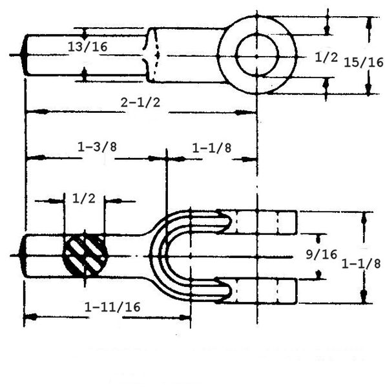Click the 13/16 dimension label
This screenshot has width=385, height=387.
87,46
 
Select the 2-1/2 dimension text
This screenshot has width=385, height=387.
140,103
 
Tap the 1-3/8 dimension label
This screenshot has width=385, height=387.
97,147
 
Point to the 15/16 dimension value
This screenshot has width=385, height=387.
364,62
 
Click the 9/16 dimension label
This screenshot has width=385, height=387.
322,254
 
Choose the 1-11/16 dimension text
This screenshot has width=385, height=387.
112,307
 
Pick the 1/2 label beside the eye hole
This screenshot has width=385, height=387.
326,57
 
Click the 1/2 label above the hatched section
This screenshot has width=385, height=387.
84,199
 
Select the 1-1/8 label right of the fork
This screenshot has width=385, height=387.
361,264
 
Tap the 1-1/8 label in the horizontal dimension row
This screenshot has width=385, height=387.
212,148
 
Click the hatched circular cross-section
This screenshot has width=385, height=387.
85,255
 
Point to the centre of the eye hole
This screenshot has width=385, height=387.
257,55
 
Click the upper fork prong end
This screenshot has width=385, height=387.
295,222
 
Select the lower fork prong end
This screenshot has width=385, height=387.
295,291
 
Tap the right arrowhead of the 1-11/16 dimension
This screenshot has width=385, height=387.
185,317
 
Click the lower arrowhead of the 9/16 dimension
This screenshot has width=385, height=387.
318,275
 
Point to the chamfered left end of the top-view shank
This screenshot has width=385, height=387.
24,55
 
